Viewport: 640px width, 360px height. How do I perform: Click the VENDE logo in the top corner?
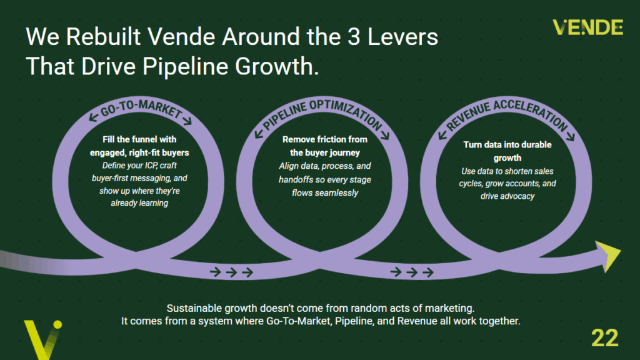click(587, 27)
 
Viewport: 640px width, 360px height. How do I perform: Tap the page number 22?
click(604, 338)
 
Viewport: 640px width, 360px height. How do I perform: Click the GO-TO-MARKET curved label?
click(141, 109)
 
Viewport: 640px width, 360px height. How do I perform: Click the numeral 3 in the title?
click(354, 37)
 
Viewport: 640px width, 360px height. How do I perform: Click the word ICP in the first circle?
click(149, 165)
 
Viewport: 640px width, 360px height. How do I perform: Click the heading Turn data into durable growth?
click(507, 151)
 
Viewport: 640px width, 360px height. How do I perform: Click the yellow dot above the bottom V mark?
click(57, 324)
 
